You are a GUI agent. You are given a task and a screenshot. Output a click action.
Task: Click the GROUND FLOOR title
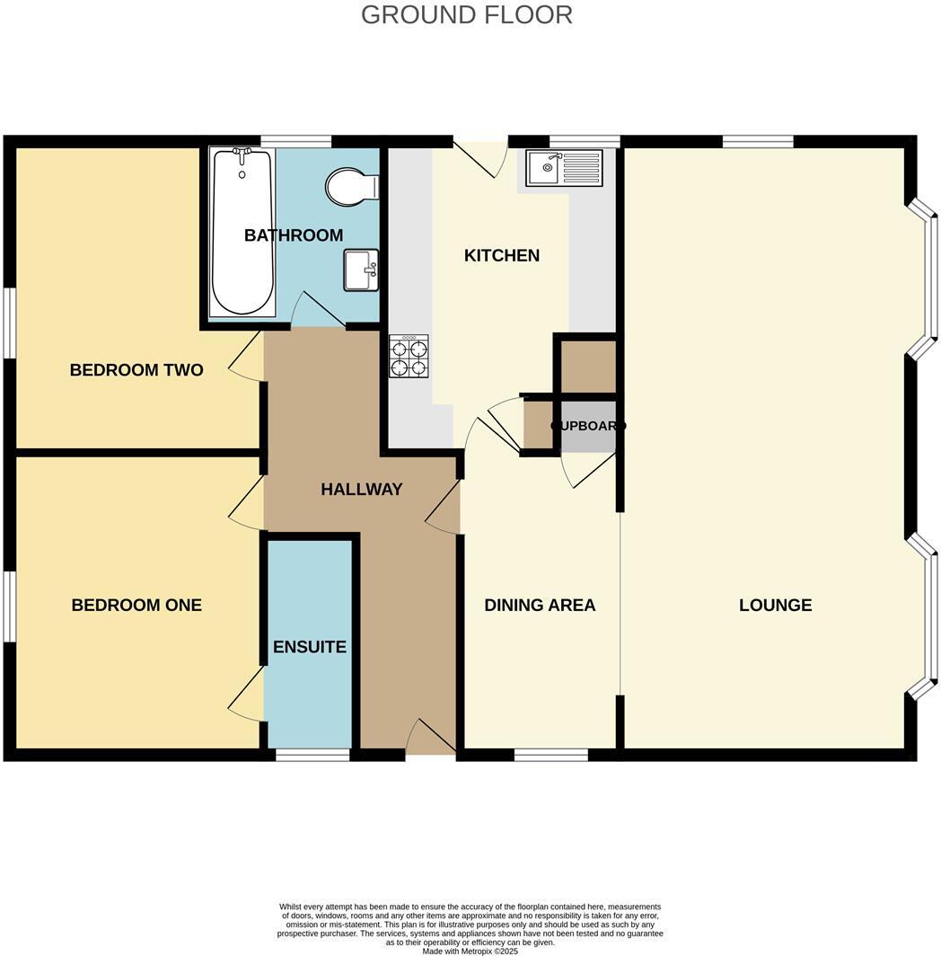466,15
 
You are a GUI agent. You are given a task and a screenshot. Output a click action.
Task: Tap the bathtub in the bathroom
242,233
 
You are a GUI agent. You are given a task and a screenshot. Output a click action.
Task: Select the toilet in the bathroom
352,187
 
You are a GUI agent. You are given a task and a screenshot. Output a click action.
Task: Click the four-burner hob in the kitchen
409,356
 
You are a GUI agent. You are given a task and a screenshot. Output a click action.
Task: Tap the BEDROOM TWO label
136,370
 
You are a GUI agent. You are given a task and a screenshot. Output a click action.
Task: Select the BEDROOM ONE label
136,606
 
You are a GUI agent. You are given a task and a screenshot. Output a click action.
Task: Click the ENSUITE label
310,648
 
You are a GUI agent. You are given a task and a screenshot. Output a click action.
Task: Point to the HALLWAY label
361,490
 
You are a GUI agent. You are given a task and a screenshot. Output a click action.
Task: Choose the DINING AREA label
540,606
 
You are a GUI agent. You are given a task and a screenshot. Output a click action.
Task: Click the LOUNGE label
775,606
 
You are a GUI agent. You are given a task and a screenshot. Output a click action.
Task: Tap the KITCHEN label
501,256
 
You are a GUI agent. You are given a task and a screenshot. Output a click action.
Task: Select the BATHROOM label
294,235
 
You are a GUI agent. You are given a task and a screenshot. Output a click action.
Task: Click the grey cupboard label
588,426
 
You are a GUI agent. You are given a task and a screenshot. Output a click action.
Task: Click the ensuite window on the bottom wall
312,755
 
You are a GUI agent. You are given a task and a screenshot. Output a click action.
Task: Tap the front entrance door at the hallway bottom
431,739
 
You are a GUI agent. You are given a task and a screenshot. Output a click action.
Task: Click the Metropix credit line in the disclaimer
470,951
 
